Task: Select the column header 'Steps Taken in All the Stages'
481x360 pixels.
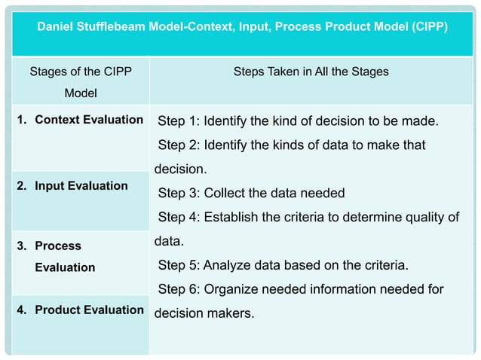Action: (311, 72)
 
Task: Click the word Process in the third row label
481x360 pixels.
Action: (58, 246)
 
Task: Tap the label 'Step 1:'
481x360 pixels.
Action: (179, 121)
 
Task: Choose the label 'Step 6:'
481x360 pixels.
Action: (179, 289)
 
